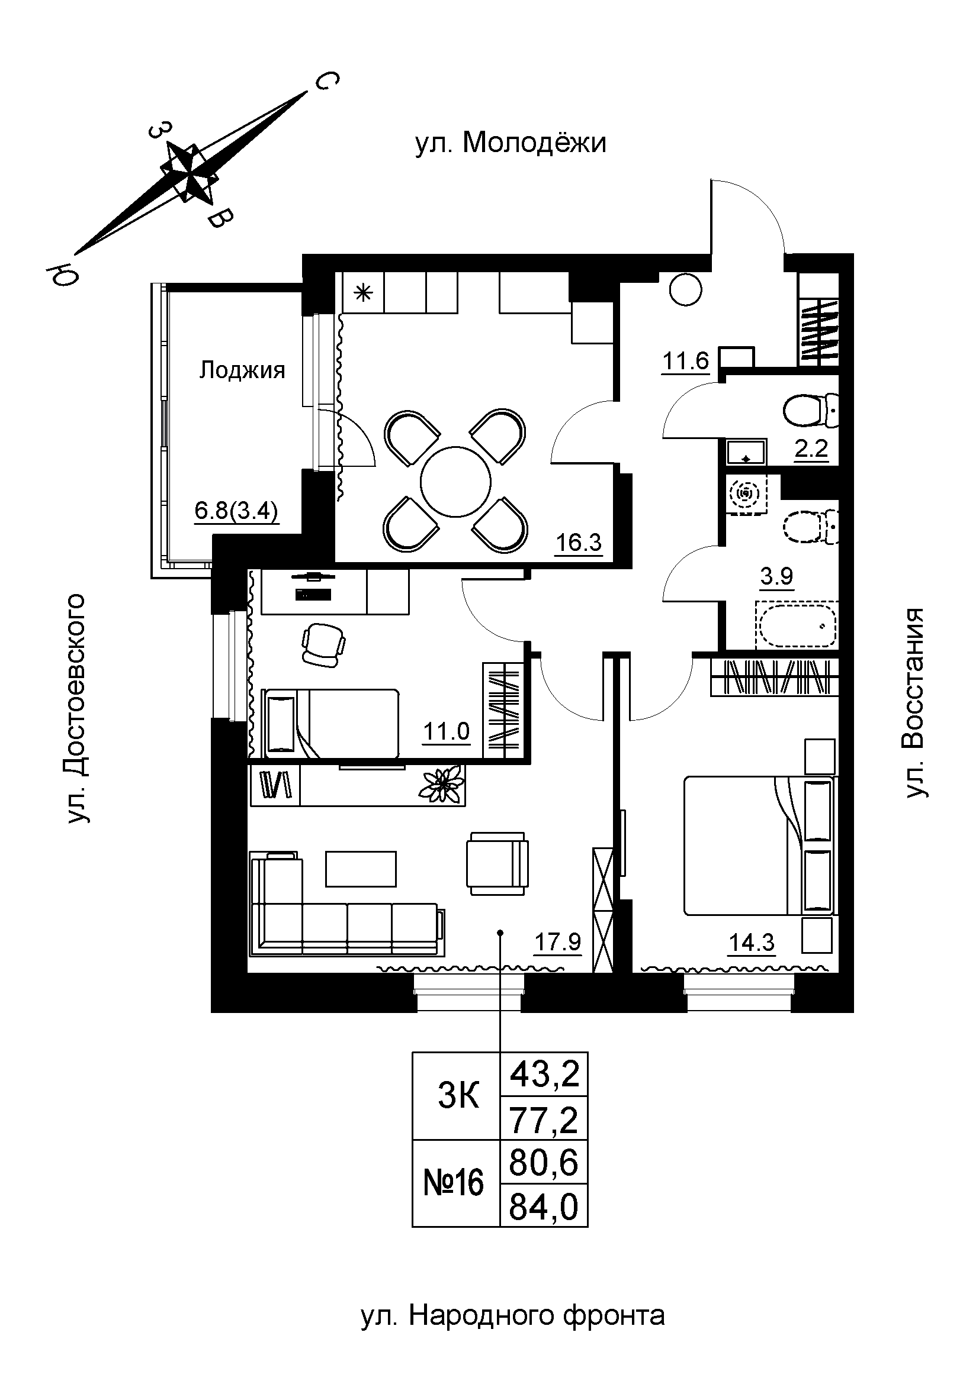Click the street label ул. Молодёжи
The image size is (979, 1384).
(511, 144)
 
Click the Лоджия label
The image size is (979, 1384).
(242, 370)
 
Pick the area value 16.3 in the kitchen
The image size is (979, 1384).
(579, 543)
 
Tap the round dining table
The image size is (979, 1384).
(455, 482)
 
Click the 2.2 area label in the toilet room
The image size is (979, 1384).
(811, 449)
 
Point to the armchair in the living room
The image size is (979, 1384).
(497, 863)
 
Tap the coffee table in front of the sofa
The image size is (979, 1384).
(361, 869)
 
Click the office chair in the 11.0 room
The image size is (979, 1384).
(323, 644)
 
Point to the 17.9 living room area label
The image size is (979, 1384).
(558, 941)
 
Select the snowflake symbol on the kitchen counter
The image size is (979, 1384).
(362, 293)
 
